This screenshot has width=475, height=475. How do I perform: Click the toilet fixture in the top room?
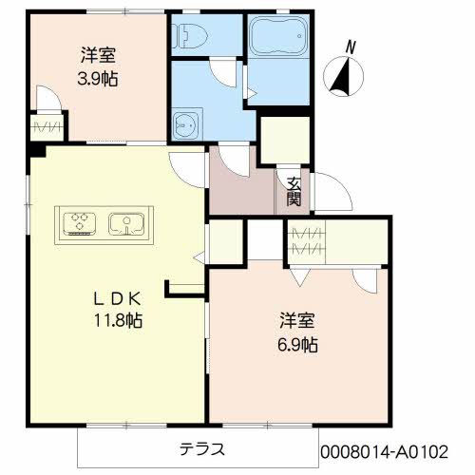tap(189, 36)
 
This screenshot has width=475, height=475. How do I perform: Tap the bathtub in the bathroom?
tap(278, 36)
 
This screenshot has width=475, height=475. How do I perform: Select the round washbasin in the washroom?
tap(187, 124)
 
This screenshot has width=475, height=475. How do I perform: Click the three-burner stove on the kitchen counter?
tap(80, 224)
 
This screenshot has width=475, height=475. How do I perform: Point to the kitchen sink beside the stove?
tap(126, 224)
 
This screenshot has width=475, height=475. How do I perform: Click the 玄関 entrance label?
tap(294, 191)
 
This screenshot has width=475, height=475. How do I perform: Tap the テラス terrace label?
tap(202, 448)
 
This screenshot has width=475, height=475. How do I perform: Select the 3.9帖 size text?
tap(98, 79)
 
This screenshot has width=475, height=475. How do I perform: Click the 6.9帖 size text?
tap(297, 345)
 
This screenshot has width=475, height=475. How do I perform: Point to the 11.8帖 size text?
tap(118, 320)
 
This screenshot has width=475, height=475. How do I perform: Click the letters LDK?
tap(117, 298)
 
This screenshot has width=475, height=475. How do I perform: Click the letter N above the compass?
tap(351, 47)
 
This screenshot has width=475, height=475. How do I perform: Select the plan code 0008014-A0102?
tap(385, 451)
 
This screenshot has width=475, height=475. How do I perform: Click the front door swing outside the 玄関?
tap(332, 191)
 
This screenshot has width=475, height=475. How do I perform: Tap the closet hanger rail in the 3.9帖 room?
tap(47, 127)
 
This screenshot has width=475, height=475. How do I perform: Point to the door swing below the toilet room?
tap(223, 72)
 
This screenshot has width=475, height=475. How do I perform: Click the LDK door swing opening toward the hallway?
tap(187, 170)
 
